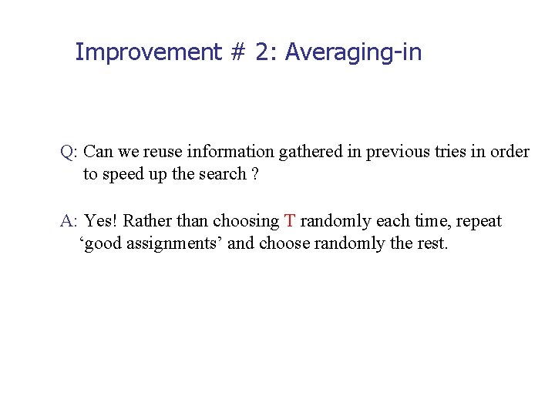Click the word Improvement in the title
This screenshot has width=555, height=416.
point(137,52)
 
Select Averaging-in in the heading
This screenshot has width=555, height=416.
point(354,52)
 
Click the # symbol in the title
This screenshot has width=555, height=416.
point(237,52)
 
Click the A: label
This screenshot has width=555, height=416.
point(69,221)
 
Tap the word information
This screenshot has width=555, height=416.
point(230,152)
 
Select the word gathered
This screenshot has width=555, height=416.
point(311,152)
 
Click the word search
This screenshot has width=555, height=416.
point(223,174)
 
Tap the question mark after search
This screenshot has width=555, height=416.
point(254,174)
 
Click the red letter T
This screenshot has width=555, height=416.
point(289,221)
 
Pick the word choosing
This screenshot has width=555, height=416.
point(246,222)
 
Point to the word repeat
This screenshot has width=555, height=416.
point(479,222)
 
